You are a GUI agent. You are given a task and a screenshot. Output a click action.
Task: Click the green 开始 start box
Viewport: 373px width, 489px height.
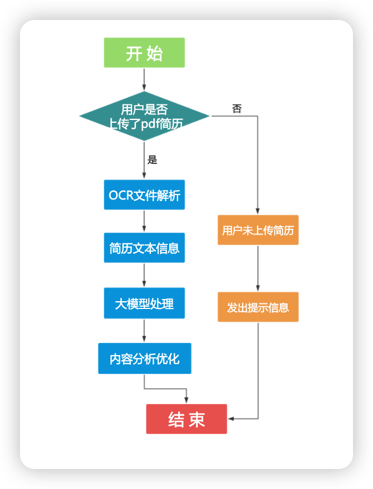click(x=144, y=53)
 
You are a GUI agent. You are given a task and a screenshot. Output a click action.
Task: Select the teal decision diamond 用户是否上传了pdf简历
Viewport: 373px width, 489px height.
click(x=144, y=116)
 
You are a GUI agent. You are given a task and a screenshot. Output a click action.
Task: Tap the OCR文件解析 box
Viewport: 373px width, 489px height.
click(x=144, y=195)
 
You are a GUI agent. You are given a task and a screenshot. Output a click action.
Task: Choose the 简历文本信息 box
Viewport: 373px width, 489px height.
click(x=144, y=248)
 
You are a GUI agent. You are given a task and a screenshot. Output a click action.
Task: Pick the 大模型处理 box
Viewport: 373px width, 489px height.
click(x=144, y=303)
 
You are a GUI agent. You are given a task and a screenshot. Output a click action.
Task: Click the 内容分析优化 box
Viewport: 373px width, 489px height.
click(x=144, y=358)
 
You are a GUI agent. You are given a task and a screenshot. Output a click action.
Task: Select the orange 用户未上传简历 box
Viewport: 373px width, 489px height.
click(x=258, y=230)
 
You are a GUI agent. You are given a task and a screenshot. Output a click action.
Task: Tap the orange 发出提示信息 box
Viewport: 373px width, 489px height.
click(x=258, y=307)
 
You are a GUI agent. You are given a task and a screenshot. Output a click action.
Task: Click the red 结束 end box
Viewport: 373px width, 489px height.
click(x=186, y=419)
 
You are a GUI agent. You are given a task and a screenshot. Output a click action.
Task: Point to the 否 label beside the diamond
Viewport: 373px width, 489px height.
click(x=237, y=108)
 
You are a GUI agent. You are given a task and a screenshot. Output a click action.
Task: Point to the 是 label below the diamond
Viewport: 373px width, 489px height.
click(x=152, y=160)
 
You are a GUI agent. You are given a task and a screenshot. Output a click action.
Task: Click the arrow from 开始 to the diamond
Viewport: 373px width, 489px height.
click(x=144, y=79)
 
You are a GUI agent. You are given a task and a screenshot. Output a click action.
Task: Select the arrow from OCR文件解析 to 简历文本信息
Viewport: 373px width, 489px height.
click(x=144, y=221)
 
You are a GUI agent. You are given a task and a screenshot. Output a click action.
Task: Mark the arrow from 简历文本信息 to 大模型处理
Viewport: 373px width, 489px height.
click(x=144, y=275)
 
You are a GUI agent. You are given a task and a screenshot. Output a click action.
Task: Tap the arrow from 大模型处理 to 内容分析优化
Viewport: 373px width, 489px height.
click(x=144, y=331)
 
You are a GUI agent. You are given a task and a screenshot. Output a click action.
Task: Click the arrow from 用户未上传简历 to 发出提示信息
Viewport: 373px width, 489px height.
click(x=258, y=268)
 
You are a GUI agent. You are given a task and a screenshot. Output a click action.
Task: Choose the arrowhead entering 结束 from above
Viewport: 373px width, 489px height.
click(x=186, y=400)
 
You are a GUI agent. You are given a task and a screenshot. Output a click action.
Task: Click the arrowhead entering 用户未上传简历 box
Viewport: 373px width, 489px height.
click(x=258, y=211)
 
